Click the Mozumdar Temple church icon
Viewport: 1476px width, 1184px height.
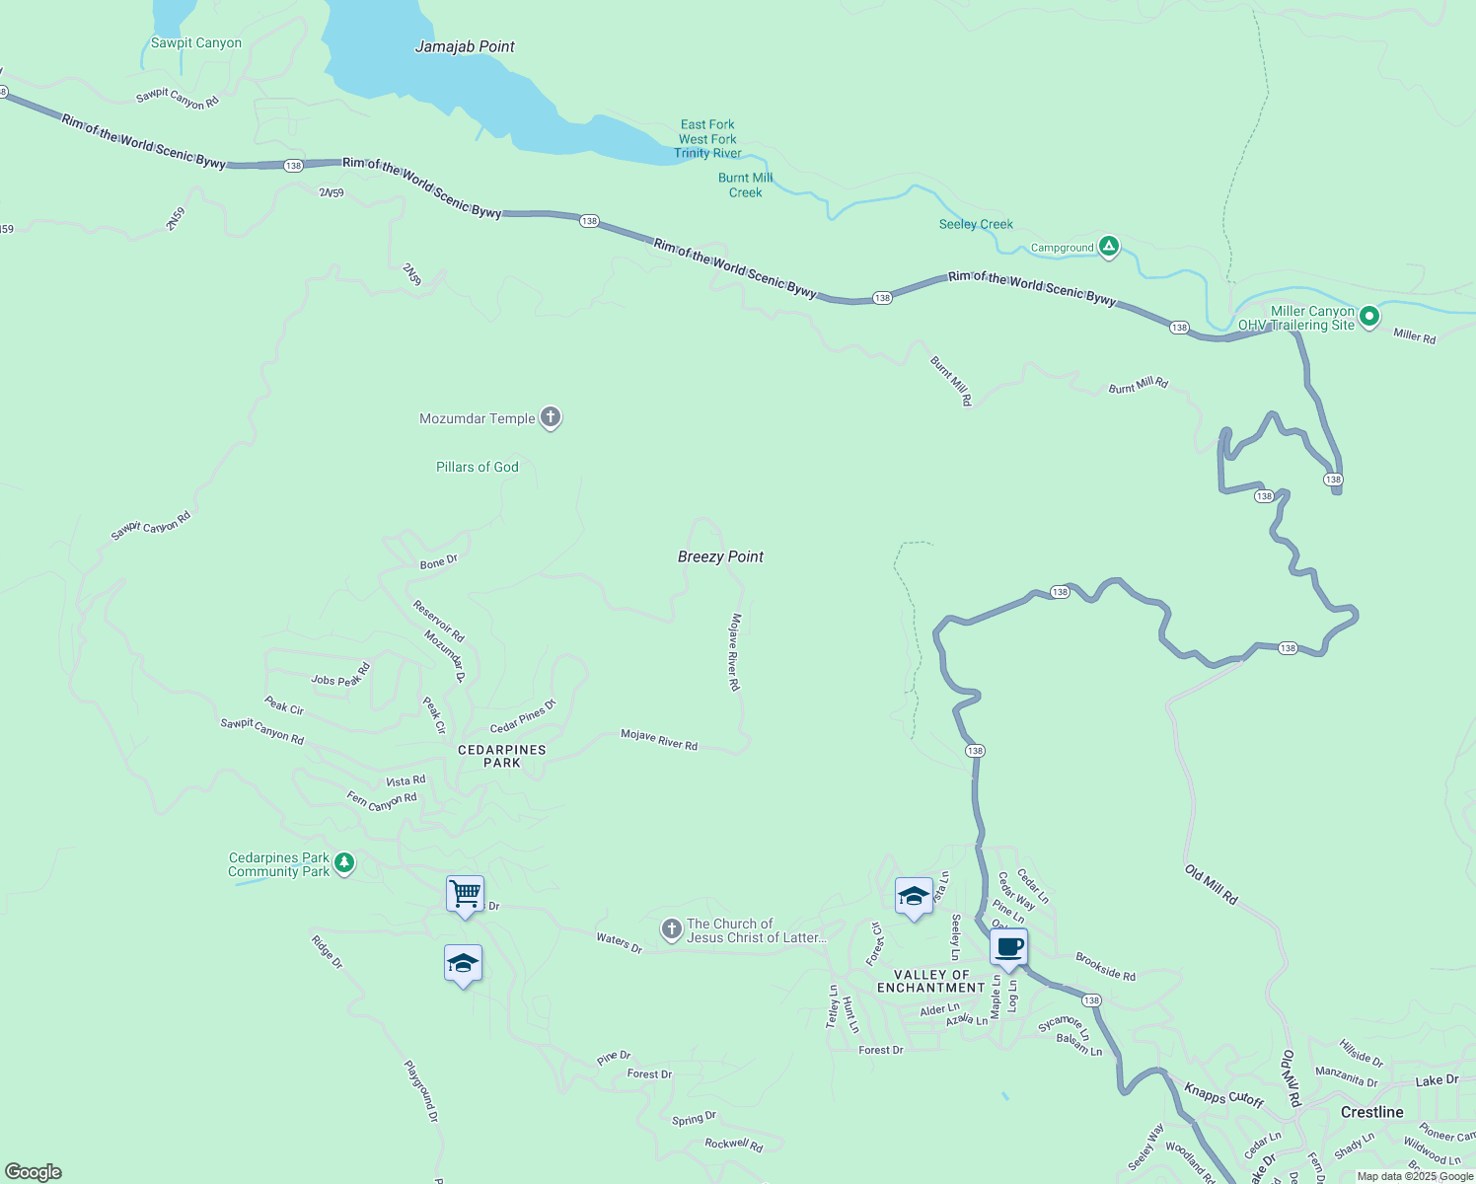551,418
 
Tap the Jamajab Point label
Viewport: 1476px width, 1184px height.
465,46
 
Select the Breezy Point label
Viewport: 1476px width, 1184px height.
720,556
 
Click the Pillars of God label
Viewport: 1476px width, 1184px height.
477,467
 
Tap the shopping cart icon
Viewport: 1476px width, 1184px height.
465,894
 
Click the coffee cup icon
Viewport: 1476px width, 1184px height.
1008,947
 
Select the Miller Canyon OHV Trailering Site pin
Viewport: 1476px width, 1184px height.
1368,317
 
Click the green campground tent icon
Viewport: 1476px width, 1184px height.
1108,247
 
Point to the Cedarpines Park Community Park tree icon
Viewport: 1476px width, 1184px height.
343,864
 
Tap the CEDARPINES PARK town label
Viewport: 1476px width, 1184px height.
501,756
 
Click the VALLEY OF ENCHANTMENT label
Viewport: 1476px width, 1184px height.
931,981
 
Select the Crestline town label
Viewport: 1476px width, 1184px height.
1371,1112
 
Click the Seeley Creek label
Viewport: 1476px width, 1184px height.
976,224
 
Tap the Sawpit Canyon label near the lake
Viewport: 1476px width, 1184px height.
195,42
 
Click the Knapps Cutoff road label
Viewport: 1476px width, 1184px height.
1223,1095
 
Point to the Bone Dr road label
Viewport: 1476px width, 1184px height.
438,562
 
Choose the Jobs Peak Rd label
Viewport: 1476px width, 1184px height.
340,676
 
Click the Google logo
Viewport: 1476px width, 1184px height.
34,1172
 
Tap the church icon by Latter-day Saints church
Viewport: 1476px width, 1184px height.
671,929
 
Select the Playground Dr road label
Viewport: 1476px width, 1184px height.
421,1091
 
